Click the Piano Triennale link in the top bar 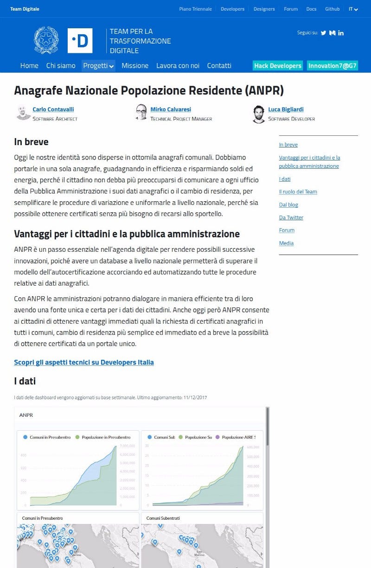[x=195, y=9]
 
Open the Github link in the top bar [x=332, y=9]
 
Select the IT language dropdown [x=353, y=9]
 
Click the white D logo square [x=80, y=41]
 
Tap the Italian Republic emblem [x=46, y=40]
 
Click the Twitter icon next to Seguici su [x=324, y=33]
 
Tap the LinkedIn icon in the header [x=341, y=33]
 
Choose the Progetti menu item [x=98, y=66]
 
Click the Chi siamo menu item [x=61, y=66]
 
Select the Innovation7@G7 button [x=333, y=66]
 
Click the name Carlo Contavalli [x=53, y=109]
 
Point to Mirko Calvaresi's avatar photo [x=141, y=112]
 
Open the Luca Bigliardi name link [x=286, y=109]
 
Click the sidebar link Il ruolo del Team [x=298, y=192]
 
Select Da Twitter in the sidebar [x=291, y=217]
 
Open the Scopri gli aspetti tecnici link [x=84, y=363]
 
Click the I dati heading [x=25, y=381]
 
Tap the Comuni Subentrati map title [x=163, y=518]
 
